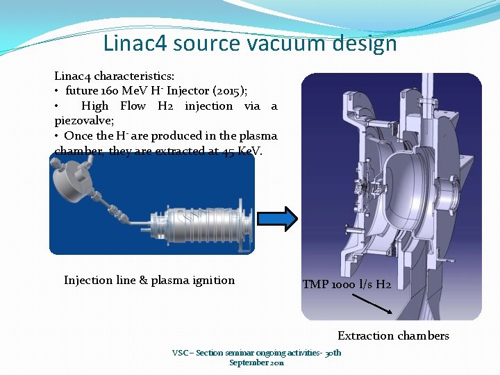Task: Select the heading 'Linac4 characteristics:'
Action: pos(114,76)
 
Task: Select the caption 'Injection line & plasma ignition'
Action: pos(149,281)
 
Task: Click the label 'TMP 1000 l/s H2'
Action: pos(347,285)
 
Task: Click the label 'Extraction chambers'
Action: pos(393,336)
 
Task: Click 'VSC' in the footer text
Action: pos(181,353)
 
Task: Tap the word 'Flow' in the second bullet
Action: pos(133,106)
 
